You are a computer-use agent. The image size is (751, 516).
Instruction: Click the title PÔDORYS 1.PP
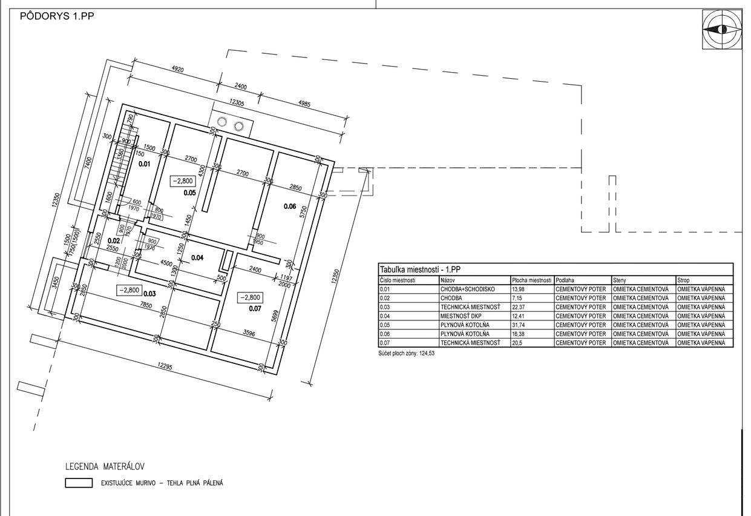coord(57,16)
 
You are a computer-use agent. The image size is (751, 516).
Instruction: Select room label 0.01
coord(145,164)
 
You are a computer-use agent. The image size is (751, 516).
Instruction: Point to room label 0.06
coord(290,207)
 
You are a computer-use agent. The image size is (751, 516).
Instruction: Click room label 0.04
coord(197,257)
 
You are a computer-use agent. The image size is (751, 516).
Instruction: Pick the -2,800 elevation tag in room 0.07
coord(250,297)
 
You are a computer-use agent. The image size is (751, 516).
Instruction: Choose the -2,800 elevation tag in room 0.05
coord(183,181)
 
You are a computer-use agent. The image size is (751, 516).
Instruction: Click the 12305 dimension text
coord(237,102)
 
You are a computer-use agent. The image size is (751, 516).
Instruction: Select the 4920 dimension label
coord(178,69)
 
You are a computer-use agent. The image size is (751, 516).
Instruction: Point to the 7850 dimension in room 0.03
coord(146,306)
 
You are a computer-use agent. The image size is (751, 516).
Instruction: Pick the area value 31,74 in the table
coord(519,325)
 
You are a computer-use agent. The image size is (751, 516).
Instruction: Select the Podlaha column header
coord(565,280)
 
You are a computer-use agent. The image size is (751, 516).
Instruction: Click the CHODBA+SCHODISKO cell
coord(467,289)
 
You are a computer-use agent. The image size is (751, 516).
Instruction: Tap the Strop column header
coord(683,280)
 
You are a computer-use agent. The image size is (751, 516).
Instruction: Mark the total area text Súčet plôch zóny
coord(406,353)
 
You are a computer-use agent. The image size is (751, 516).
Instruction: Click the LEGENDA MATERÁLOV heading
coord(105,466)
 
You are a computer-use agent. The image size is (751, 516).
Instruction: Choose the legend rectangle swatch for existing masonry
coord(79,483)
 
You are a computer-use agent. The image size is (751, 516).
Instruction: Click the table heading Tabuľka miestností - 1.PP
coord(420,270)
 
